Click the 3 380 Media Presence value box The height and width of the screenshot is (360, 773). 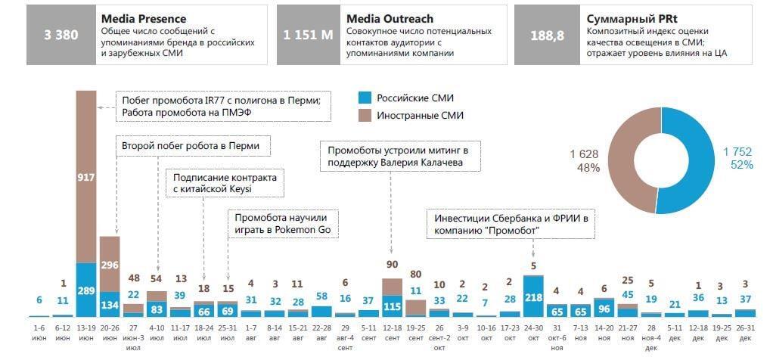pos(57,35)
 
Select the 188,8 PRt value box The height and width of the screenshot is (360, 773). pos(545,35)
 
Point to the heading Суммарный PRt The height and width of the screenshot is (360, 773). pos(627,18)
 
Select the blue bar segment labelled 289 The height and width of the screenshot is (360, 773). pos(86,290)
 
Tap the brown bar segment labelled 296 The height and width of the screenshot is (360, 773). pos(110,264)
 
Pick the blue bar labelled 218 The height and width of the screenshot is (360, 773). pos(532,296)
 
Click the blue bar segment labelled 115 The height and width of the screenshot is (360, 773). pos(391,306)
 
